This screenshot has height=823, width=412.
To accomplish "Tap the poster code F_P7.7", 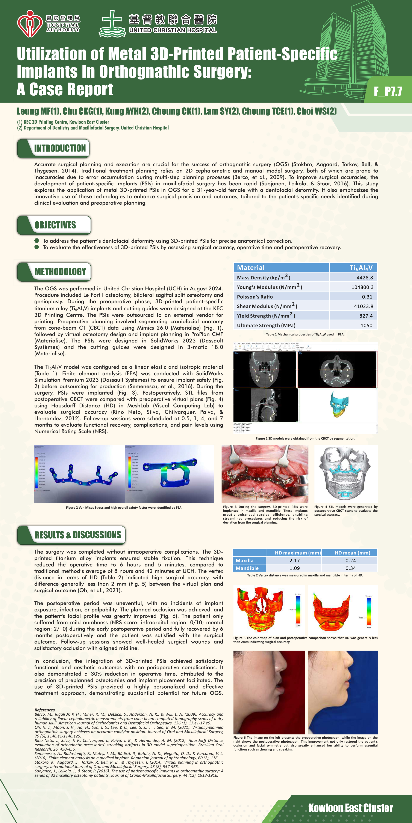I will pos(388,91).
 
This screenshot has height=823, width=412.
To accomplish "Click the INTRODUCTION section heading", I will pos(60,148).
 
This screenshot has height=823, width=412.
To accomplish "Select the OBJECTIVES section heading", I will pos(55,225).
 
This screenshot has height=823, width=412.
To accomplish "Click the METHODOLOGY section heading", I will pos(60,272).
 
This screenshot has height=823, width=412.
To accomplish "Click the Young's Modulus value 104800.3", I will pos(362,287).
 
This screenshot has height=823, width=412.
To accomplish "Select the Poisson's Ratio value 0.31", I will pos(367,297).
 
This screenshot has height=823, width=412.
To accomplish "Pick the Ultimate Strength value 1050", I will pos(366,326).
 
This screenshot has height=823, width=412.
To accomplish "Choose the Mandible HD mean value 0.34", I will pos(351,568).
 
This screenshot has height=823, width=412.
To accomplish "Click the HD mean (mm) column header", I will pos(352,553).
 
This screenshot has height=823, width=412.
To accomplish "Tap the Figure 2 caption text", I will pos(124,507).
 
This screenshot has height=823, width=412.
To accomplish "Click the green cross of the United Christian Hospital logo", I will pos(112,23).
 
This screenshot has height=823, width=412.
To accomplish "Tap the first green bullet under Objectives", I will pos(37,240).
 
